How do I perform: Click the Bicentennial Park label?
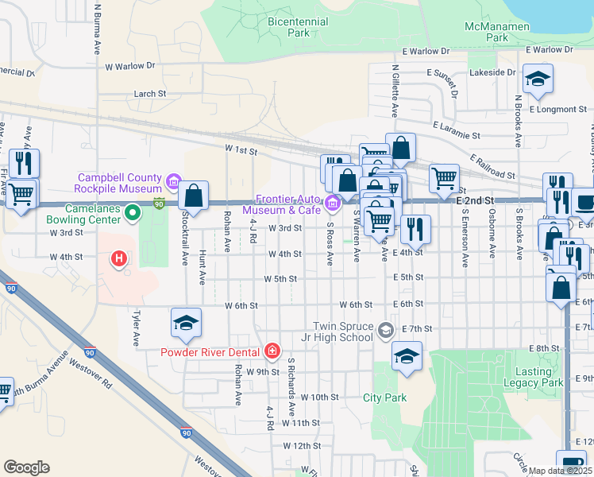tap(287, 27)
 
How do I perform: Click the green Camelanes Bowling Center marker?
tap(134, 212)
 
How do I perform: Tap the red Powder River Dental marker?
tap(272, 351)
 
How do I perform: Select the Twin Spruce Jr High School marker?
tap(386, 330)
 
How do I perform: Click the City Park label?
tap(384, 397)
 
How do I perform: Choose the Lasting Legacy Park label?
tap(533, 377)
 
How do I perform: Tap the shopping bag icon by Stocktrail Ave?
tap(193, 195)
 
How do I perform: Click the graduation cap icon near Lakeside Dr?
tap(538, 79)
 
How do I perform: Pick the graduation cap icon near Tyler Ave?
tap(186, 323)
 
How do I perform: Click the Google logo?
tap(26, 467)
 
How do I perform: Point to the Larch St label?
tap(149, 93)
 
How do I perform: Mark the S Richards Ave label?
tap(291, 388)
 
